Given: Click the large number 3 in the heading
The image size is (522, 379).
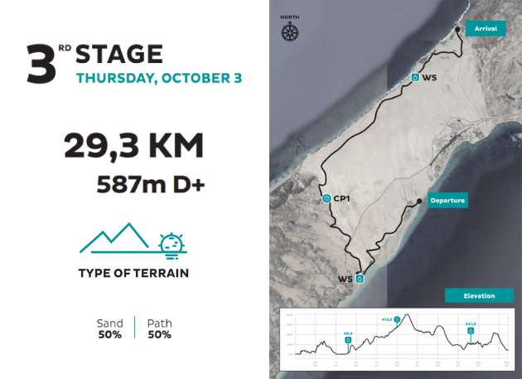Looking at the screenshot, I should pyautogui.click(x=41, y=65).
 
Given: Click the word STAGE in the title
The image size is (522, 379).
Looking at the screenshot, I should pyautogui.click(x=119, y=55).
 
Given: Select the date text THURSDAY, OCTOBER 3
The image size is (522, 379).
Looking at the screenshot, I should pyautogui.click(x=158, y=79).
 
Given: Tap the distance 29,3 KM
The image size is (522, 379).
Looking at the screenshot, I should pyautogui.click(x=133, y=147).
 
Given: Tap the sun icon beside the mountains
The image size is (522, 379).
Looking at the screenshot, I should pyautogui.click(x=172, y=243).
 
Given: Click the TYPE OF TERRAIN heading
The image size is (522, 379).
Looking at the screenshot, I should pyautogui.click(x=133, y=273).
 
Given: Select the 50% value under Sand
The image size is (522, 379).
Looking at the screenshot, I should pyautogui.click(x=109, y=335).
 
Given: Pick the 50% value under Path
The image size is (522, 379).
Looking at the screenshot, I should pyautogui.click(x=159, y=335).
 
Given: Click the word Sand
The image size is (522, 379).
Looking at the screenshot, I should pyautogui.click(x=109, y=323).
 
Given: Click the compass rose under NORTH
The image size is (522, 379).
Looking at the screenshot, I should pyautogui.click(x=290, y=33).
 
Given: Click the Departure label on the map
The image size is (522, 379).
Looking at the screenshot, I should pyautogui.click(x=447, y=201).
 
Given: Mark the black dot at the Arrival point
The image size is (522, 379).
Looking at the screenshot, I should pyautogui.click(x=457, y=30).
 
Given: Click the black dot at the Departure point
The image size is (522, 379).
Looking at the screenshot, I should pyautogui.click(x=418, y=201).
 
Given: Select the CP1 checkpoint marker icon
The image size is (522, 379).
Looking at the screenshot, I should pyautogui.click(x=327, y=199).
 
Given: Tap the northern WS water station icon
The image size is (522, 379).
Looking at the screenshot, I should pyautogui.click(x=414, y=77).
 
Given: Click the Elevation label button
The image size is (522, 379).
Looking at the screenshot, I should pyautogui.click(x=479, y=295).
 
